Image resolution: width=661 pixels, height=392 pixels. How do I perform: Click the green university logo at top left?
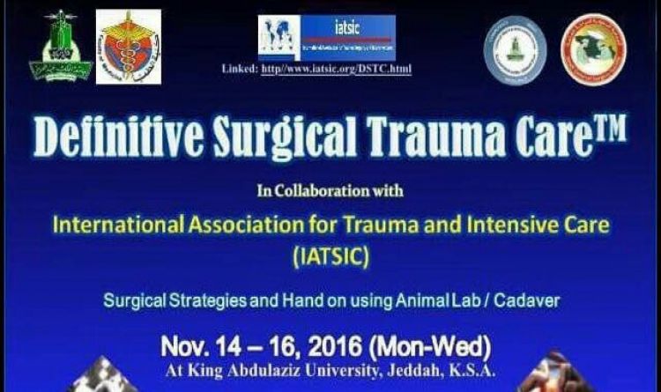click(x=61, y=45)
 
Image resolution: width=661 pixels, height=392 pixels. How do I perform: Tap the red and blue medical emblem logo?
click(x=129, y=47)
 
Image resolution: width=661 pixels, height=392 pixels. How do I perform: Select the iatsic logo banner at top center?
click(x=327, y=37)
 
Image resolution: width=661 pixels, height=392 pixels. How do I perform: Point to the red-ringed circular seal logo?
click(x=594, y=49)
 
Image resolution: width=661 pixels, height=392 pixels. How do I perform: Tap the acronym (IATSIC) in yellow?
click(x=330, y=257)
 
